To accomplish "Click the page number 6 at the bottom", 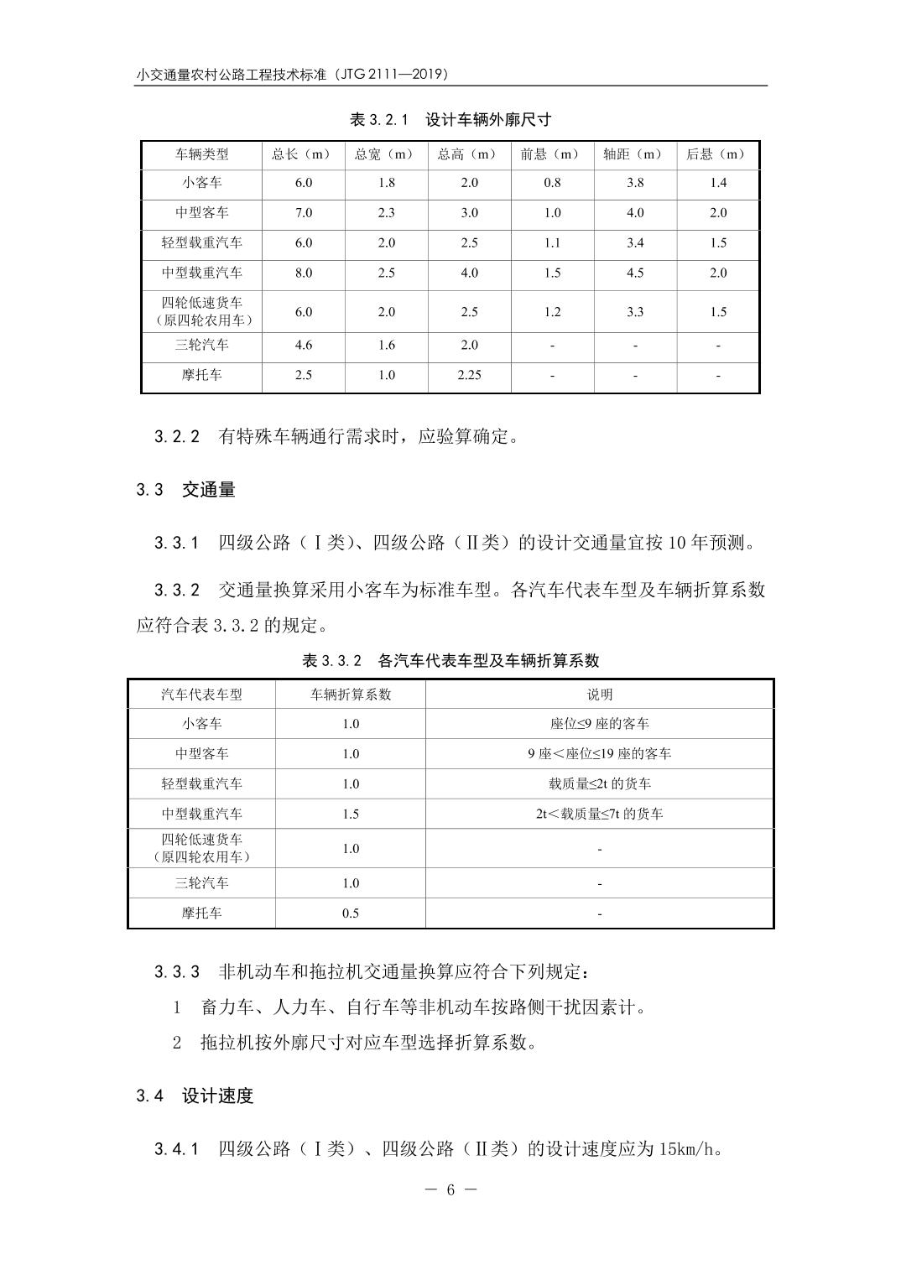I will pos(450,1190).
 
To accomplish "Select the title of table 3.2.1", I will pos(450,120).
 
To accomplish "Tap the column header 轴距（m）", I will pos(635,154).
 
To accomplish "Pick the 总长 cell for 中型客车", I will pos(304,213).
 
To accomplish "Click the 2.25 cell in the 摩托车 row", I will pos(469,375).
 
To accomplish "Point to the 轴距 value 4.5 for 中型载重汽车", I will pos(635,273).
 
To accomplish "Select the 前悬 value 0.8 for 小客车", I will pos(552,183).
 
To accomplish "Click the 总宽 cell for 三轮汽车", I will pos(386,345).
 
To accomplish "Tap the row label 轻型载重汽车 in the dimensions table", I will pos(202,243).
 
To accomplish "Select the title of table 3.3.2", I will pos(450,661).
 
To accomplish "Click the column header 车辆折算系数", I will pos(351,695).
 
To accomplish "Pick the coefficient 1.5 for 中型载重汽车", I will pos(351,814).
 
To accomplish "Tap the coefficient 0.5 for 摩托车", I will pos(351,913).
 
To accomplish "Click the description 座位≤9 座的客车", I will pos(599,724).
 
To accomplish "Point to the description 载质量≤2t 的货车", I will pos(599,784).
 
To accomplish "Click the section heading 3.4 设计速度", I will pos(195,1096).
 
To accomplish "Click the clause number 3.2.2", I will pos(177,437).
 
